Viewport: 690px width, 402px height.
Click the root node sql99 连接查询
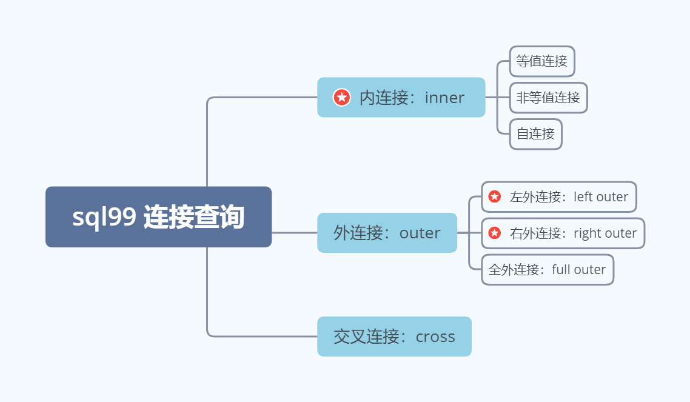tap(158, 217)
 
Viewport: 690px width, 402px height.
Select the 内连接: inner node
tap(401, 97)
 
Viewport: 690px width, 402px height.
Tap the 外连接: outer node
tap(387, 233)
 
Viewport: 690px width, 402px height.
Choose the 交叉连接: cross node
tap(394, 337)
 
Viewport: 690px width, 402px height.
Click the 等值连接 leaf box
tap(542, 61)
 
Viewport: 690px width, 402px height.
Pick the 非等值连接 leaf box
tap(548, 98)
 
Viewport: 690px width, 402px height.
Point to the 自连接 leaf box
tap(535, 134)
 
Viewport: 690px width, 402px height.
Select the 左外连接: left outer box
tap(559, 196)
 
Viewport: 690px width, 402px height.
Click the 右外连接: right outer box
tap(563, 233)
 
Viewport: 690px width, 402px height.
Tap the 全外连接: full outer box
tap(548, 270)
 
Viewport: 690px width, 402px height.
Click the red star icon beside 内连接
tap(342, 97)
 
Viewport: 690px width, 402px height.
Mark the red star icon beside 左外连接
tap(495, 196)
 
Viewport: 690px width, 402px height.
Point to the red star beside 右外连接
tap(495, 233)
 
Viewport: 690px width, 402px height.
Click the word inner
tap(444, 98)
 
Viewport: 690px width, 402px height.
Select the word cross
tap(435, 337)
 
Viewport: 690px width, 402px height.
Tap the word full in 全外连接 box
tap(560, 269)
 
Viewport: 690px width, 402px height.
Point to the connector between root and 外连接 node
tap(295, 233)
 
